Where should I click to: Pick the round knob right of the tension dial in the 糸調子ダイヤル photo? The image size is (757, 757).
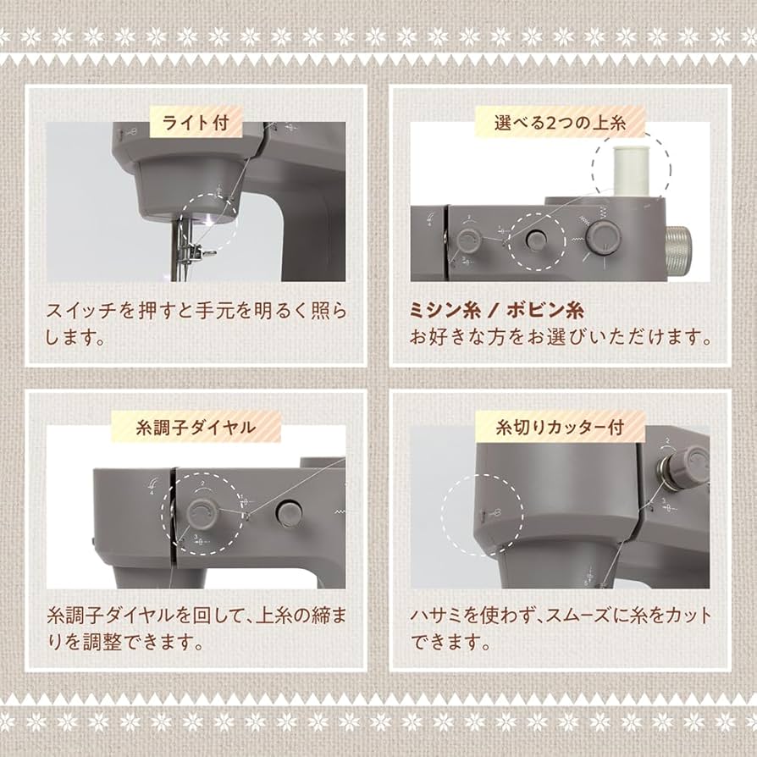[289, 511]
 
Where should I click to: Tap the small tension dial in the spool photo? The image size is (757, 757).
[465, 241]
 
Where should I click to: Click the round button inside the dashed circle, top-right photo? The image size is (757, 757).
[534, 240]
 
